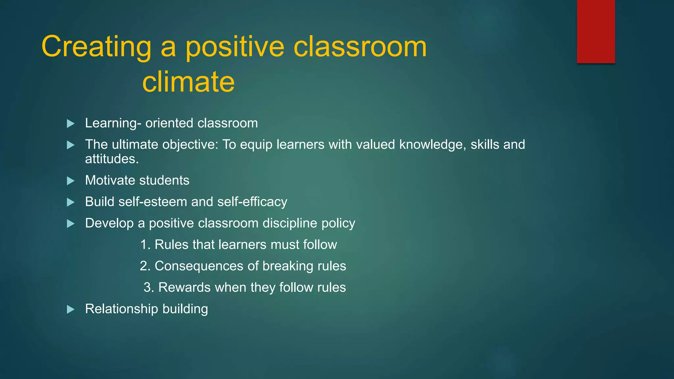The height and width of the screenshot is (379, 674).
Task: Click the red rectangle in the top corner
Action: click(x=596, y=32)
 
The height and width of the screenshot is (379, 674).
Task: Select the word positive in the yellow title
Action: click(x=235, y=47)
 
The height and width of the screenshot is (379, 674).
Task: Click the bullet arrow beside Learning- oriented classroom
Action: click(x=70, y=124)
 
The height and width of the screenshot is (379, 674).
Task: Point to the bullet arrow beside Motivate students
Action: click(x=70, y=181)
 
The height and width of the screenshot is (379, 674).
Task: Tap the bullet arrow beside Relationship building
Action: click(x=70, y=310)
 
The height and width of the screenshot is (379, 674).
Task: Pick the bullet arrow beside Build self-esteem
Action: click(x=70, y=202)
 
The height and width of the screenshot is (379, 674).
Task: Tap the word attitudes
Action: click(x=112, y=159)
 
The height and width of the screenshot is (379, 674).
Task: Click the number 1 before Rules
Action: click(x=144, y=245)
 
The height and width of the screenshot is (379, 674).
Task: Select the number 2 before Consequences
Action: click(x=144, y=266)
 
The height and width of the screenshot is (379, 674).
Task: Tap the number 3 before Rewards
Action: click(x=147, y=288)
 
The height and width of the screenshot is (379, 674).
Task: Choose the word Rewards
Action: click(x=184, y=287)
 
